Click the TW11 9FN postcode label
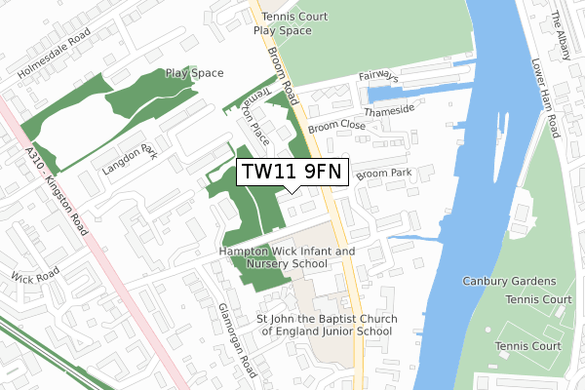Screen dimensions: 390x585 click(x=292, y=173)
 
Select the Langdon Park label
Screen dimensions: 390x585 click(x=128, y=161)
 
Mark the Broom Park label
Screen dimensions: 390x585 click(x=384, y=174)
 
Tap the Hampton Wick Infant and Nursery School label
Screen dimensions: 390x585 click(x=287, y=257)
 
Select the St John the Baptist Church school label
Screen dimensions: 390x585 click(x=324, y=325)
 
